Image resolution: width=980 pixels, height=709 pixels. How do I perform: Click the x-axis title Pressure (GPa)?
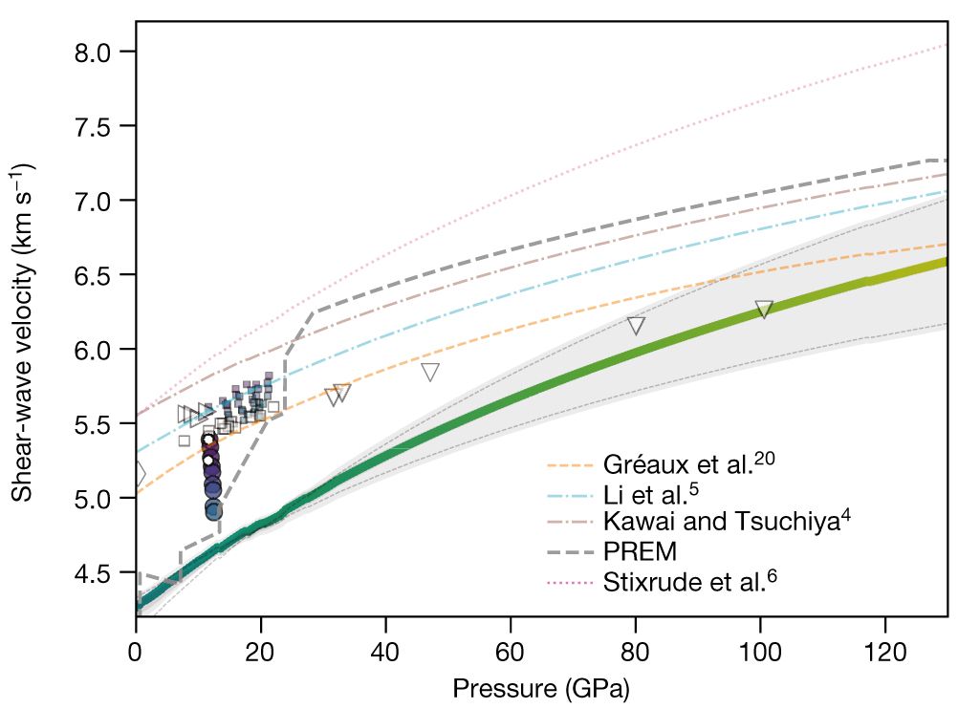[541, 687]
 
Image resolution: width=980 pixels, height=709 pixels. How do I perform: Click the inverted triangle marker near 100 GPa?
[764, 310]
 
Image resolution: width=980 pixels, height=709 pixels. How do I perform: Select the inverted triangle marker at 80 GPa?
[636, 326]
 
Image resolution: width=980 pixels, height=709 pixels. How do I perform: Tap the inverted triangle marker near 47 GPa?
[430, 373]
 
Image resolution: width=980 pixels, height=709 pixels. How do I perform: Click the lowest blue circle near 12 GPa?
[213, 510]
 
